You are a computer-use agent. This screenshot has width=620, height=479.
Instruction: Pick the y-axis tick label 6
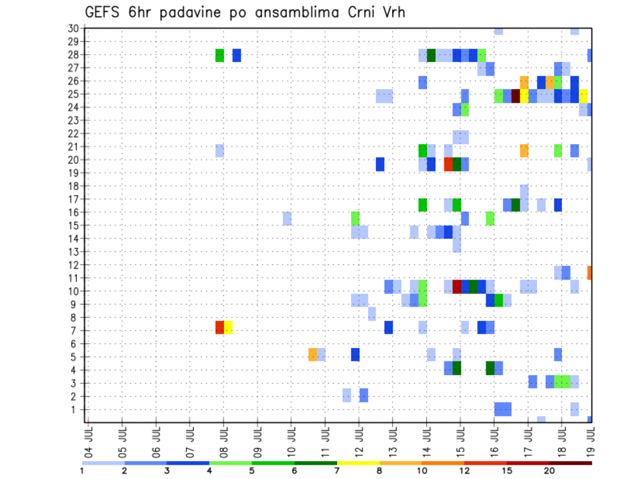75,344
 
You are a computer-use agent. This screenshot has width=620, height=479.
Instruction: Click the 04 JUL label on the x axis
88,438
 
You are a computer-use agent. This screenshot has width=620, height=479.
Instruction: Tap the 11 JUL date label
325,438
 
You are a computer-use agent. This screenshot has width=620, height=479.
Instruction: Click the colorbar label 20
549,471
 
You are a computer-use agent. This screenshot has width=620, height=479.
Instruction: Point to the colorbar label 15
507,471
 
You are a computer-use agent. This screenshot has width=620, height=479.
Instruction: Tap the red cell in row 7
220,327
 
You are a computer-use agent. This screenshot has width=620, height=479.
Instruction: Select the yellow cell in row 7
228,327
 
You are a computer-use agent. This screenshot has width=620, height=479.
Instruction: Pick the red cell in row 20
448,164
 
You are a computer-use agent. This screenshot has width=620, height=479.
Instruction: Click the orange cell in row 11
589,272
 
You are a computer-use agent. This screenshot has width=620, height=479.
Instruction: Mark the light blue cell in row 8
372,314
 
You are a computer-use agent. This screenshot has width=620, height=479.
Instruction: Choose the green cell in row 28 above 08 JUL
220,55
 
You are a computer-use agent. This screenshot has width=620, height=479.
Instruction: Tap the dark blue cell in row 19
380,164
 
